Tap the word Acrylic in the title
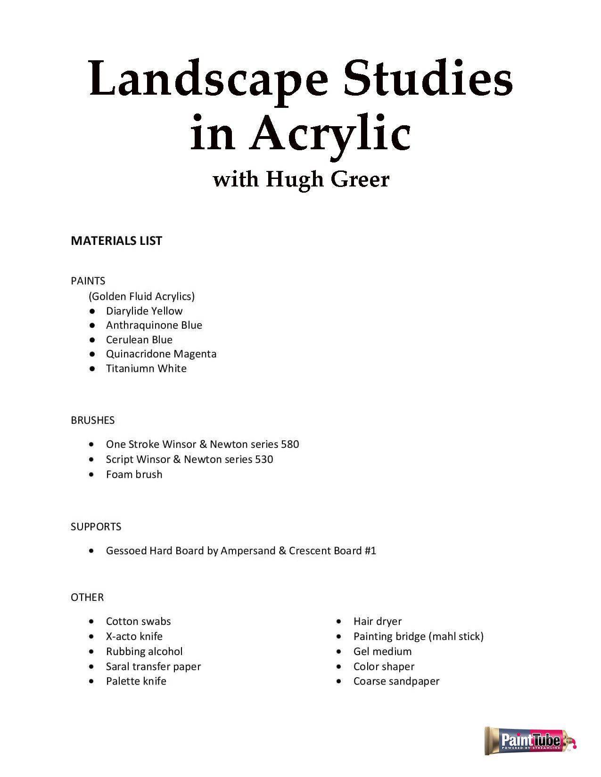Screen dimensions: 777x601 330,134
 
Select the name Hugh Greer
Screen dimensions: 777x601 328,179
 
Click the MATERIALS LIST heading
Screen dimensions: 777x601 116,241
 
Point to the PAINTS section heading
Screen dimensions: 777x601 88,281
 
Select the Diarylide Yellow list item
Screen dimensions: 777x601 144,311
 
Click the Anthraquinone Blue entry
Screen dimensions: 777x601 154,325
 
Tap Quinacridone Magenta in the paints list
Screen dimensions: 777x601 161,354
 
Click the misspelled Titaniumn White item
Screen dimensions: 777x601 146,368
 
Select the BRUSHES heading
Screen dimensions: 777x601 93,420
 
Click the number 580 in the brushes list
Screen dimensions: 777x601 290,444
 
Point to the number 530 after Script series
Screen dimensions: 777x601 264,459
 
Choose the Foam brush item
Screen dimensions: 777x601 134,474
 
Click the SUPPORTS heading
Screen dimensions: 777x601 96,526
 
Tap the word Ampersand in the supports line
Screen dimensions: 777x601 248,550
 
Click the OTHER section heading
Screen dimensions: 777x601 87,597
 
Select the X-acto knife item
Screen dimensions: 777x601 134,636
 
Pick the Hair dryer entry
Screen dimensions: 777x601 378,621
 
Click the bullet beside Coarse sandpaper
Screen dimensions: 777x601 339,681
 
